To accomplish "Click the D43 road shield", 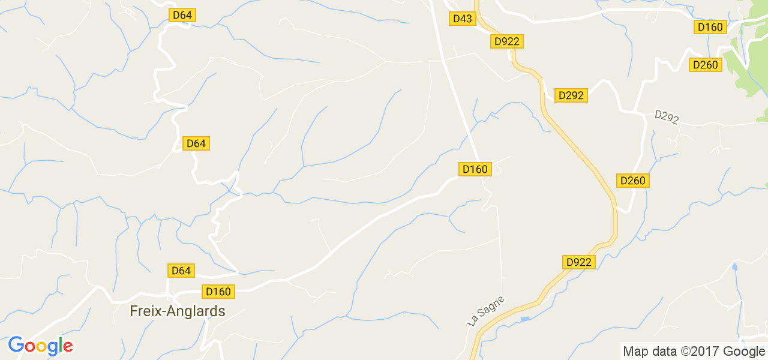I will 463,19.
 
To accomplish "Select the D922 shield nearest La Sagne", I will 579,262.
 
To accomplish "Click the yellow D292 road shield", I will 571,95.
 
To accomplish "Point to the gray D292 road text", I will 667,117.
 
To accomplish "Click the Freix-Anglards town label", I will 178,311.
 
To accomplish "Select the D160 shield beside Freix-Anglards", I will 218,292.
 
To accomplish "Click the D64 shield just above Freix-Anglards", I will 181,271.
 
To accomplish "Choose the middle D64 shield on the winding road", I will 196,143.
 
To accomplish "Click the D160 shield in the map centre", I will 475,169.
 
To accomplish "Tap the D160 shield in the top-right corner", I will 710,27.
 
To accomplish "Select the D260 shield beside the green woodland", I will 705,65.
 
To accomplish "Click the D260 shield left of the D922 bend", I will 632,181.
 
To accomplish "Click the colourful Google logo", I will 40,346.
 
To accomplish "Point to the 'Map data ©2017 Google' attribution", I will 694,352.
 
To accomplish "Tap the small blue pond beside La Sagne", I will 525,319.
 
